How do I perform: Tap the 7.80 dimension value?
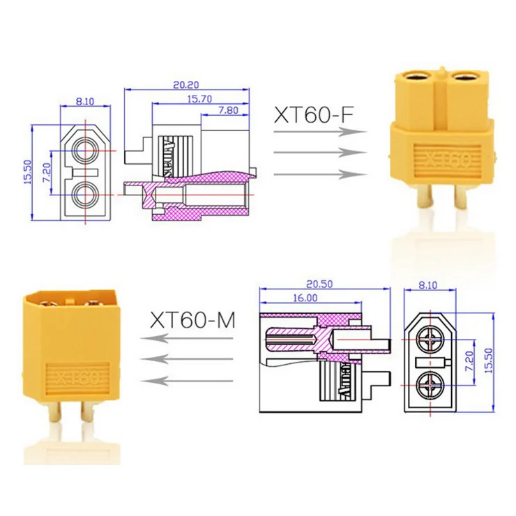point(229,110)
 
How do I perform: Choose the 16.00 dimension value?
point(305,297)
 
